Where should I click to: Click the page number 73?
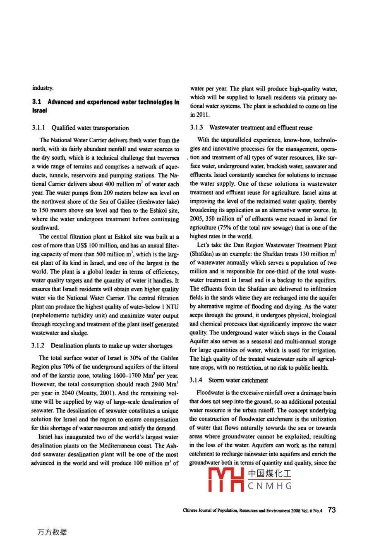point(332,510)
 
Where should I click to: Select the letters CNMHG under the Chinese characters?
point(270,486)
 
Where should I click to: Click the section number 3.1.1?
point(38,128)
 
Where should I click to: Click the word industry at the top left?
point(43,88)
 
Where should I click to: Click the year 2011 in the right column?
point(204,115)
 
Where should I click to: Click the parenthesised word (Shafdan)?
point(202,254)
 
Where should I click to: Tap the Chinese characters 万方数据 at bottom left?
point(52,532)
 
